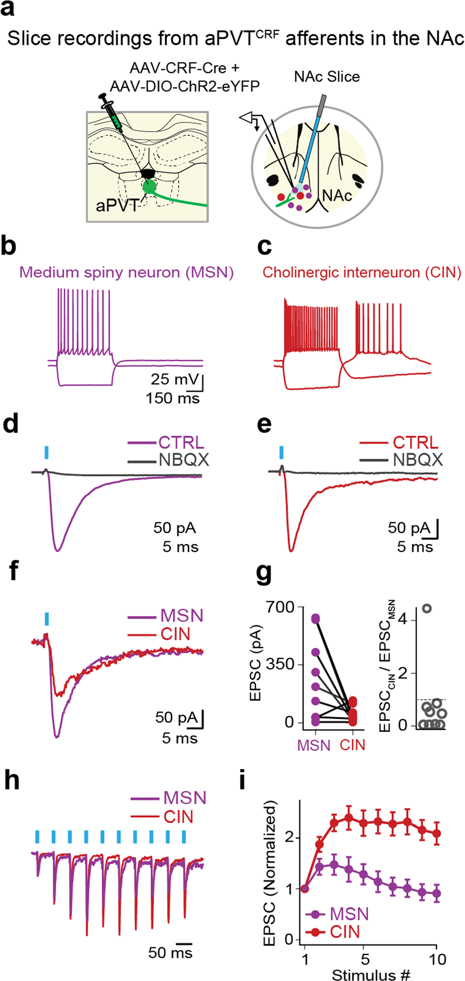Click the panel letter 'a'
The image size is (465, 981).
[8, 8]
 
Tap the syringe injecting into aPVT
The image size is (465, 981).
[111, 112]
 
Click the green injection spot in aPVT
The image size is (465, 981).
[149, 187]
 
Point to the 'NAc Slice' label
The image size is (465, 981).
[327, 77]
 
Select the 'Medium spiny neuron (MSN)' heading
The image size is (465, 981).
[126, 272]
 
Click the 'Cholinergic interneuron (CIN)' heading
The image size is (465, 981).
[362, 272]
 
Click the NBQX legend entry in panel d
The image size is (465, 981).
[183, 460]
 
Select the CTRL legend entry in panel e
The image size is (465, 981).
[415, 442]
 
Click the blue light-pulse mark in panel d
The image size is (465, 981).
[46, 452]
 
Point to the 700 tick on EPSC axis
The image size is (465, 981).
[280, 607]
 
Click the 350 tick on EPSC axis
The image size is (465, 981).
[280, 664]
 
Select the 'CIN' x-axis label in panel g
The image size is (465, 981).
[352, 745]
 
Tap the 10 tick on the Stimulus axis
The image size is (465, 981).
[437, 959]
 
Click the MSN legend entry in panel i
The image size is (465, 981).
[349, 914]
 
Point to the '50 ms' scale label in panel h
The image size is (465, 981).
[170, 952]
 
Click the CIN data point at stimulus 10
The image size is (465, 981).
[437, 833]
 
